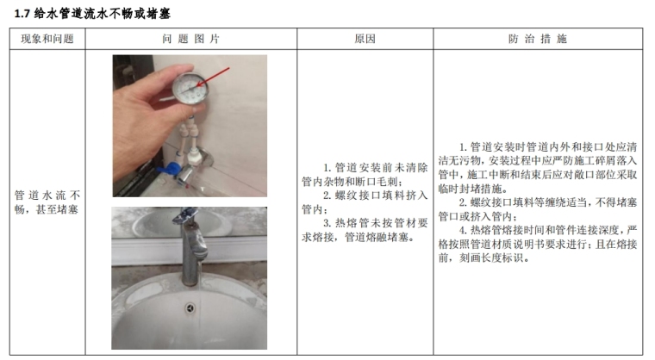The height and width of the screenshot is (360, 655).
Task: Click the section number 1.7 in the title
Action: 22,14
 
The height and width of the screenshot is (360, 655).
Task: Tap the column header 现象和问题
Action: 47,39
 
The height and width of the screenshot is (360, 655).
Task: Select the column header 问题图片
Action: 190,39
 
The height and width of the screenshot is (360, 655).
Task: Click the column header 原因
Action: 365,39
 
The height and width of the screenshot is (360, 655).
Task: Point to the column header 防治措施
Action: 537,39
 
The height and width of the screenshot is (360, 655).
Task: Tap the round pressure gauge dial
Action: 190,88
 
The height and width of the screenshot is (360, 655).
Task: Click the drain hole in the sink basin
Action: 190,308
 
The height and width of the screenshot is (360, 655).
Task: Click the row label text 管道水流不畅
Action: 47,195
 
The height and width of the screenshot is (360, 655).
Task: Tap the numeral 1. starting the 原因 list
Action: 327,168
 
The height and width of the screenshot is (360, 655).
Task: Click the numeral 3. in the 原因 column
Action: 327,223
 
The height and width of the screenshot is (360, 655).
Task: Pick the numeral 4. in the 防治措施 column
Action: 463,230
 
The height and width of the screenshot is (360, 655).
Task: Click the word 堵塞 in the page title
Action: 159,14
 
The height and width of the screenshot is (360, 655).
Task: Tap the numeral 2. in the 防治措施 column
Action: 463,202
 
